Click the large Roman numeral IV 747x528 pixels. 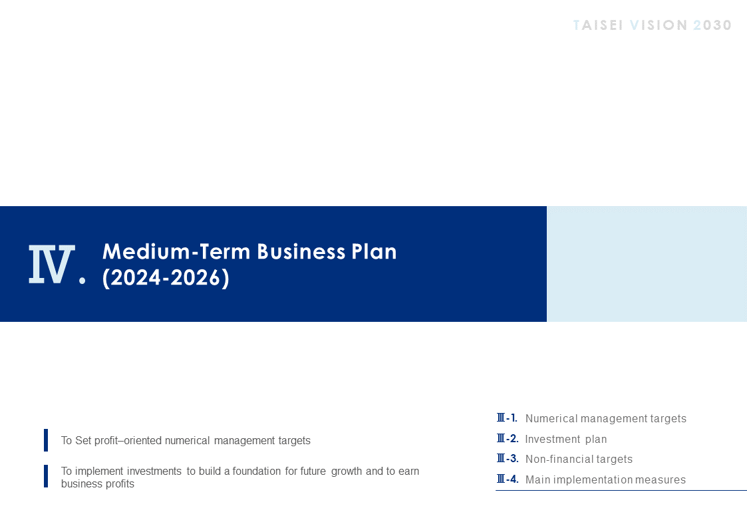tap(52, 264)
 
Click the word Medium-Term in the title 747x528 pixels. tap(176, 251)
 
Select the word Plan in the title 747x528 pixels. tap(374, 251)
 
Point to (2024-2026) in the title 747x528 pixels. tap(166, 277)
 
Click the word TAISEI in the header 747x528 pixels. tap(598, 25)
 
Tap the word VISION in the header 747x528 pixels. tap(659, 25)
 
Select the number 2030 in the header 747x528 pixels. tap(712, 25)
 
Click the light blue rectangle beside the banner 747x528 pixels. tap(647, 264)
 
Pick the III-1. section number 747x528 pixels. tap(507, 418)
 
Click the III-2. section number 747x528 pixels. tap(508, 438)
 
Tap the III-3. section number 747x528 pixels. tap(508, 458)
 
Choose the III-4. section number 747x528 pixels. tap(508, 479)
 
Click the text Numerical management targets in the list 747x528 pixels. tap(606, 418)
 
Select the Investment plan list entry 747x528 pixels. tap(566, 439)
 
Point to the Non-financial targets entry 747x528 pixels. tap(579, 459)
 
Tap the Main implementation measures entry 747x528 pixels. tap(605, 479)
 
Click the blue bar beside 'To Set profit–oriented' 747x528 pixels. tap(46, 440)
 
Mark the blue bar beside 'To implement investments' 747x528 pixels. tap(46, 476)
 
